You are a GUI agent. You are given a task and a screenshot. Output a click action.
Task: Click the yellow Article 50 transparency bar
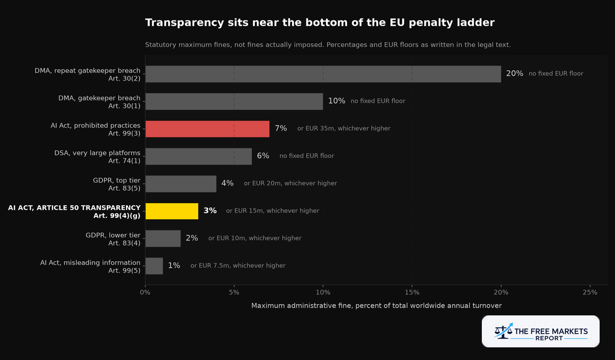172,211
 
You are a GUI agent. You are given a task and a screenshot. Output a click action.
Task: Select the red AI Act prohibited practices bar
207,129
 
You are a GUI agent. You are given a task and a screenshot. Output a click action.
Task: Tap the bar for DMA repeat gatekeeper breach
323,74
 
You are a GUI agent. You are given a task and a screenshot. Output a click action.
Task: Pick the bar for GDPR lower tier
163,238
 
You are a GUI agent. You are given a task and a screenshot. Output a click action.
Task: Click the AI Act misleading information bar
154,266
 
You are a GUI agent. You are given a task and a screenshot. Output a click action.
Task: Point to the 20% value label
515,73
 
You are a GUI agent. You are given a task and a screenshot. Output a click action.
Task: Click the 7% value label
281,128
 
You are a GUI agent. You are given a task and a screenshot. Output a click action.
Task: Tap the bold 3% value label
210,210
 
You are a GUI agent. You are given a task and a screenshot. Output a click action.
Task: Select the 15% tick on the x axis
412,292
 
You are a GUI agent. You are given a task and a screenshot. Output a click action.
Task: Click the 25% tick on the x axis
590,292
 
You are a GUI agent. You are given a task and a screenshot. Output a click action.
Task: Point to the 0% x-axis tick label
145,292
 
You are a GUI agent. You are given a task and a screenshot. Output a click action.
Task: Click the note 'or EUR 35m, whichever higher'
344,128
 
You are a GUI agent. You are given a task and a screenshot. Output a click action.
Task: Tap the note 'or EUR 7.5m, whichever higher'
238,266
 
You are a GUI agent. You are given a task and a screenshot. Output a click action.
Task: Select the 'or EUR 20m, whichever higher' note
291,183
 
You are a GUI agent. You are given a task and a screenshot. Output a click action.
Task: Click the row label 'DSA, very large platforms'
97,153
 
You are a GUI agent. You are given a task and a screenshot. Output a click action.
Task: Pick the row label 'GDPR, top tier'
117,181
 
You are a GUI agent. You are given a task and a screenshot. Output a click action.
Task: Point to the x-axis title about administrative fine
376,306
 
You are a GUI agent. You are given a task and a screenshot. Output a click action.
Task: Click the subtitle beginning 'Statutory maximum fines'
328,45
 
